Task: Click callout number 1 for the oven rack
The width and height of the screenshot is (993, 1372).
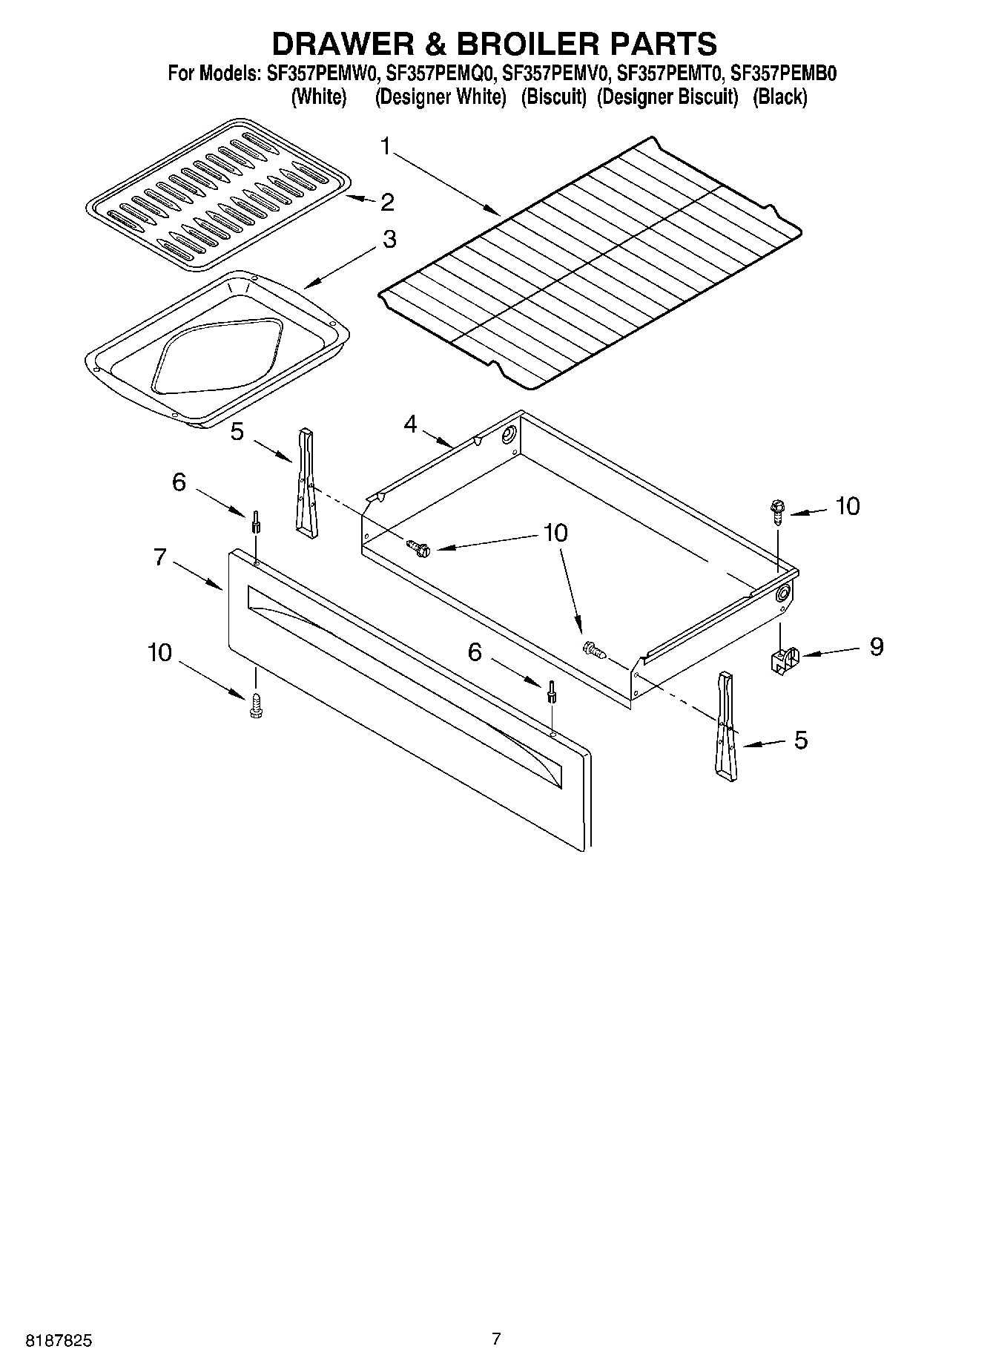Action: [x=386, y=146]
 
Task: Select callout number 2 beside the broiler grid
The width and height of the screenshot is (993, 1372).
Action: [x=386, y=202]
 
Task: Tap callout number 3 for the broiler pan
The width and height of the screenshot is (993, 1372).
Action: [x=389, y=240]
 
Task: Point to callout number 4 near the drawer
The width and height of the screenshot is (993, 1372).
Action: [x=410, y=424]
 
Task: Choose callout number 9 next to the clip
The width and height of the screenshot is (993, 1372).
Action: [x=876, y=647]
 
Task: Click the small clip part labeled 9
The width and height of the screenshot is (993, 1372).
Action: [x=783, y=659]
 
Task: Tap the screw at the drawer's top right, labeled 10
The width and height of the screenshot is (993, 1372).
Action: [x=776, y=511]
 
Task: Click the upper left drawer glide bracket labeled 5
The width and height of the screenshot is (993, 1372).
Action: [x=306, y=482]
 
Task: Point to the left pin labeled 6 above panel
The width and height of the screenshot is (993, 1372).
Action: [x=255, y=522]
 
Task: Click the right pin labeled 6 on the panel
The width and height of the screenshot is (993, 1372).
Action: [x=552, y=692]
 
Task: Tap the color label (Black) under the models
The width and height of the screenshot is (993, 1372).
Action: [x=779, y=96]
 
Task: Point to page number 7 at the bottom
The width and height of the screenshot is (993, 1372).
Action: [x=496, y=1339]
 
